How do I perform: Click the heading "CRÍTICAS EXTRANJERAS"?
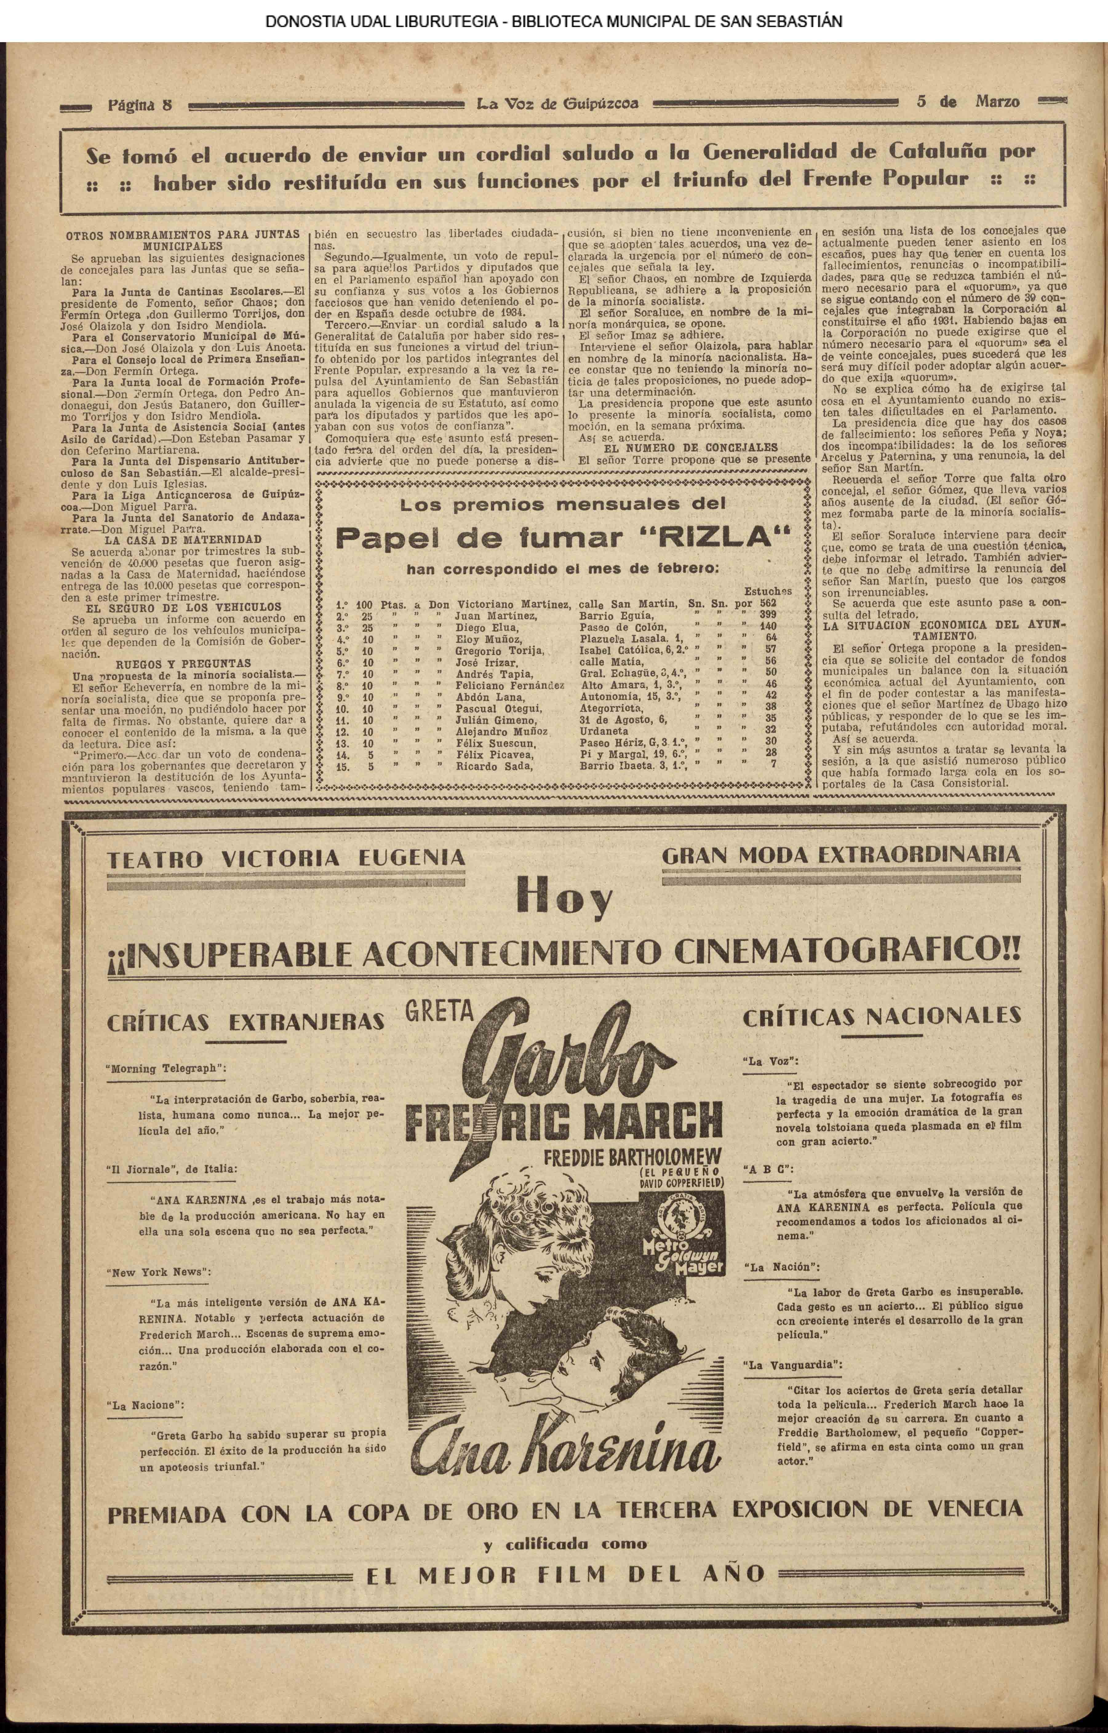tap(245, 1022)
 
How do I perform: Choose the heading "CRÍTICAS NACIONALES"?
tap(881, 1016)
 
